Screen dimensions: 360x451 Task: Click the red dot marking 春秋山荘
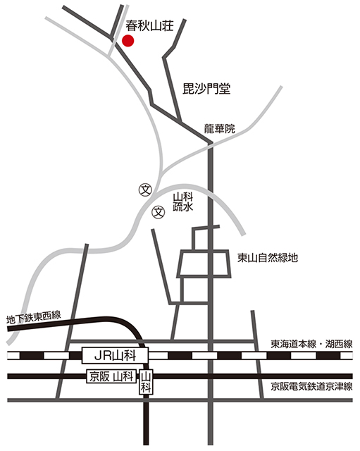128,41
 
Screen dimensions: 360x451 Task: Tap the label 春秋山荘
149,25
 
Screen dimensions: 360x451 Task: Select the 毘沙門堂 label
206,89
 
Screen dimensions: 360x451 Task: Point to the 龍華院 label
219,128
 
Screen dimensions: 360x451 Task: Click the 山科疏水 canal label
182,202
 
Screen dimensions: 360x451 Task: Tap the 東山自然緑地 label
268,258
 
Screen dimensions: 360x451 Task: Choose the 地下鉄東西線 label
34,317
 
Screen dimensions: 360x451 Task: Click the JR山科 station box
115,355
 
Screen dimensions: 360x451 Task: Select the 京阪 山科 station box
111,376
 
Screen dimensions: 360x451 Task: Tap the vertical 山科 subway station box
146,382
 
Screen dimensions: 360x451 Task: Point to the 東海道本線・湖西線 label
311,344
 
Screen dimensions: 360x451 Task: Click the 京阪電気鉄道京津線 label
311,386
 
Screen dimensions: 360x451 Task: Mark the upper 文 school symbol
145,190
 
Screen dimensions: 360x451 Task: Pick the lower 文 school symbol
159,212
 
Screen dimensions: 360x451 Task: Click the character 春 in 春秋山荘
132,25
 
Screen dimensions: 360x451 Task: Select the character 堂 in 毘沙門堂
225,89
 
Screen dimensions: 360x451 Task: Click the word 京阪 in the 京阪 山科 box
99,376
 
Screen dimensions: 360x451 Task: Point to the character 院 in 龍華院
230,128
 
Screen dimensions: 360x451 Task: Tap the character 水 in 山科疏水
188,207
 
